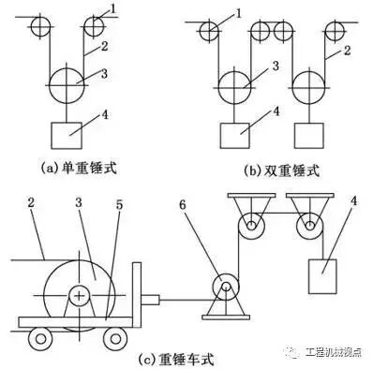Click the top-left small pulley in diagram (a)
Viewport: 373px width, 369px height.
(38, 26)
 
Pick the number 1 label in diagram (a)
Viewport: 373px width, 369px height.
(115, 9)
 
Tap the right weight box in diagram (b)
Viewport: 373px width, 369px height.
(308, 135)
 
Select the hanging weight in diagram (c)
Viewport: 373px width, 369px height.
(324, 278)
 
